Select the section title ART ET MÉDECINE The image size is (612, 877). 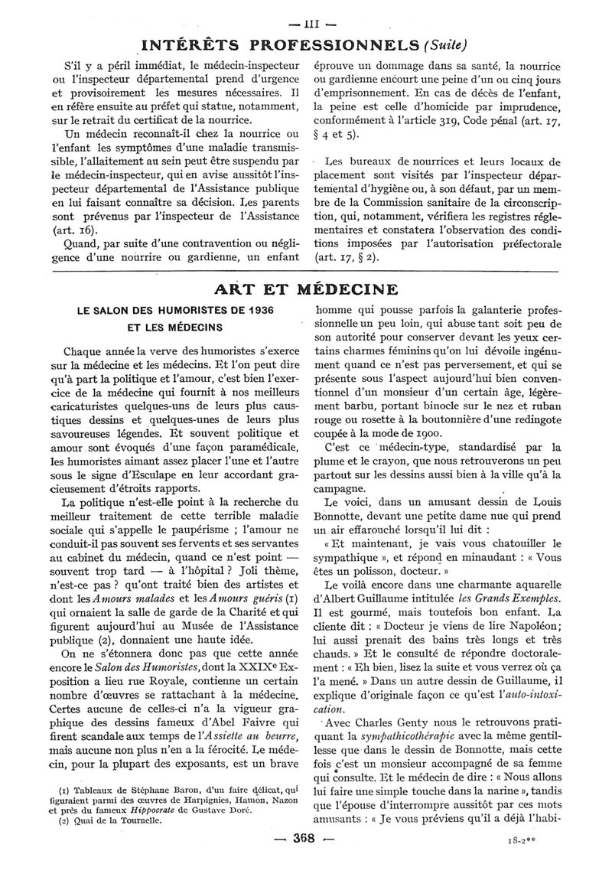[x=306, y=289]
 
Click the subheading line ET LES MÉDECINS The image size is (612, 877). [x=174, y=328]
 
